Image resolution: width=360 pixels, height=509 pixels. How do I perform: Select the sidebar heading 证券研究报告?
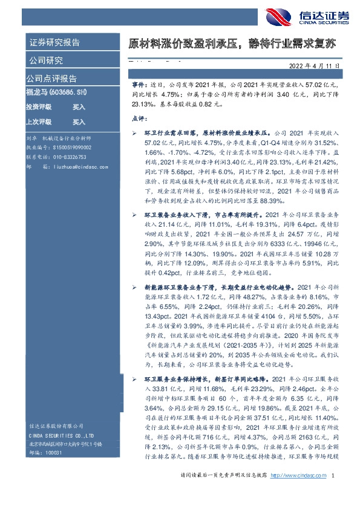tap(54, 42)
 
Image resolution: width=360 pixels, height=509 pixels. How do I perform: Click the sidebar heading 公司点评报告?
tap(51, 79)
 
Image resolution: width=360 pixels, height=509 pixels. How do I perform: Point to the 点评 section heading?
tap(139, 119)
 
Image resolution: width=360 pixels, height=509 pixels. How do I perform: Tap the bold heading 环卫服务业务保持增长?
tap(173, 378)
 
